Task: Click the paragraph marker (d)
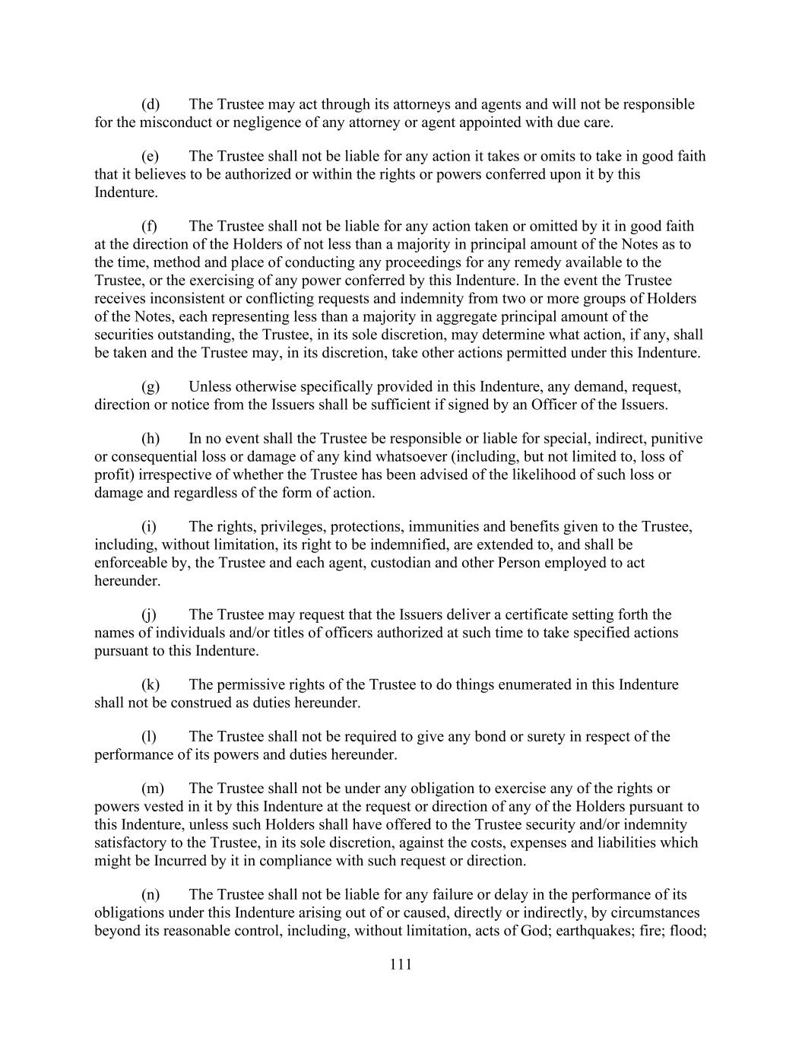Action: tap(151, 104)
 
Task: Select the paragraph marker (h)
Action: tap(151, 439)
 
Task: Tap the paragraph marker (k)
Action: tap(151, 684)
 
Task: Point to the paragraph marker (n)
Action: tap(151, 895)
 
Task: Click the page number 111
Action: tap(401, 965)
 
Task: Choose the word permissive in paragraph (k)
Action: tap(249, 684)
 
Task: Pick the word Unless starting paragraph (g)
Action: tap(211, 387)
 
